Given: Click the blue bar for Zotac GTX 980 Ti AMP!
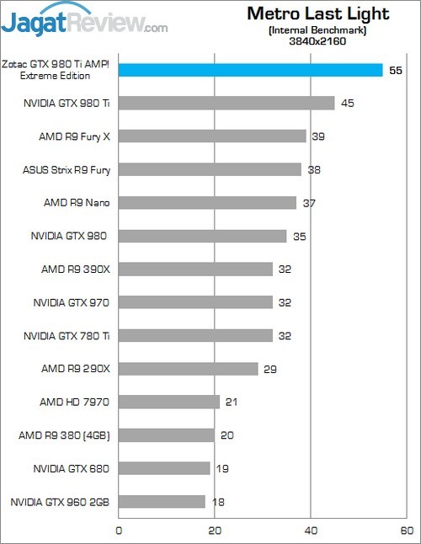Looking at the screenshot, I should coord(250,70).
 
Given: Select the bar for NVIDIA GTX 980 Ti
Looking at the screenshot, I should coord(226,103).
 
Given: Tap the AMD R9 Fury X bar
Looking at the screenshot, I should coord(211,136).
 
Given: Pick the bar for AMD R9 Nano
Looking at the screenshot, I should coord(207,203).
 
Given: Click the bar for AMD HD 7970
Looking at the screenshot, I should coord(168,402).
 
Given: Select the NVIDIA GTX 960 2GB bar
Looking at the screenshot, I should coord(162,502).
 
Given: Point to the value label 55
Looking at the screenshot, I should coord(397,71).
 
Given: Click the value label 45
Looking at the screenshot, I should coord(348,104).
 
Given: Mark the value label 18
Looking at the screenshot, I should coord(218,503).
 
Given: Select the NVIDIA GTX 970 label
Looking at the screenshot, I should coord(72,302).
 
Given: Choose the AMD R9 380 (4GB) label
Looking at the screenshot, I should coord(65,435).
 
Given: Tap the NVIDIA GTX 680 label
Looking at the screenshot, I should coord(72,468).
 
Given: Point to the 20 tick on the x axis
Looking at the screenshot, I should coord(215,531).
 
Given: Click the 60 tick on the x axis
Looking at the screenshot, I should coord(407,531).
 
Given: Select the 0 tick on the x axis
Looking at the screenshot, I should coord(119,531).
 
